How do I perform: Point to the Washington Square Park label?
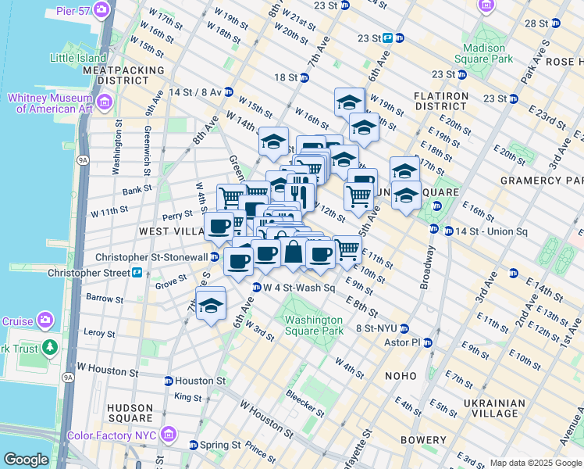[313, 325]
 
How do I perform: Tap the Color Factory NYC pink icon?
[167, 435]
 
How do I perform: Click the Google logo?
[26, 460]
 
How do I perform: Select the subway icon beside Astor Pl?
[427, 342]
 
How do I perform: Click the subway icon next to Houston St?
[169, 381]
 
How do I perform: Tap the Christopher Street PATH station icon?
[137, 273]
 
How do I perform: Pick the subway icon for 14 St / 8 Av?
[228, 91]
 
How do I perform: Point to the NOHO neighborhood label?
[401, 376]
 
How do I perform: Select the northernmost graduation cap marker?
[349, 102]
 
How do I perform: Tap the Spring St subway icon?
[194, 445]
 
